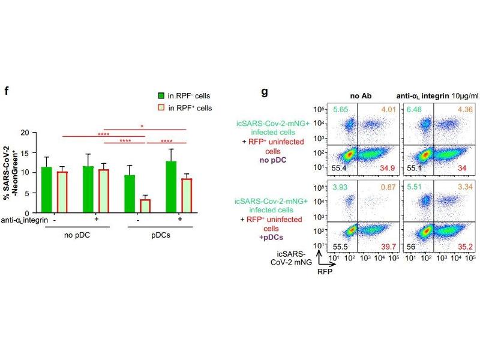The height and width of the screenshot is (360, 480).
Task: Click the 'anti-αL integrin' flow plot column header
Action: (x=422, y=96)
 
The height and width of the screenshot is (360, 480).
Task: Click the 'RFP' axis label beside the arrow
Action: (x=325, y=271)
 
